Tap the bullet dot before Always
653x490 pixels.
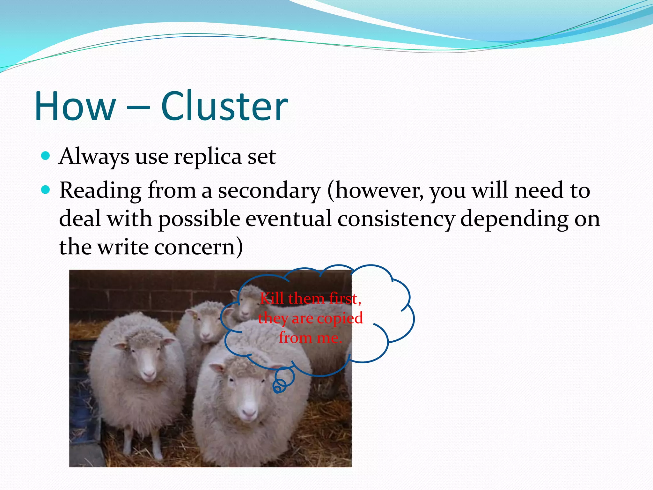(46, 156)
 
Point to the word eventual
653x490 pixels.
(289, 219)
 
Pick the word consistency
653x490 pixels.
(396, 219)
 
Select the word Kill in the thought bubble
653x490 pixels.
(272, 299)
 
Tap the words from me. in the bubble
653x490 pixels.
(310, 338)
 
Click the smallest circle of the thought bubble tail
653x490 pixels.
(278, 389)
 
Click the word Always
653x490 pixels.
(94, 157)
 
